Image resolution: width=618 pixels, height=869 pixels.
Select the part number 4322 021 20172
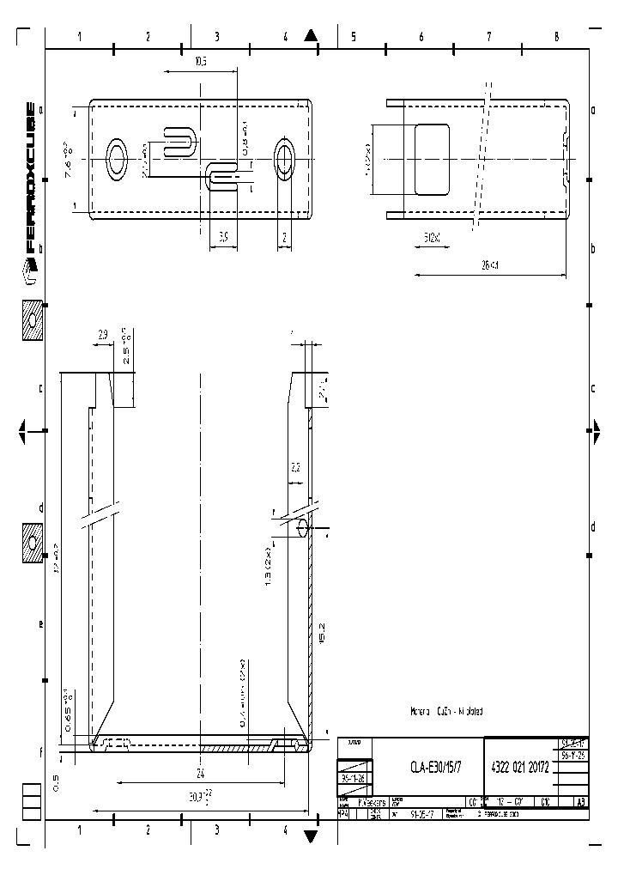(x=518, y=768)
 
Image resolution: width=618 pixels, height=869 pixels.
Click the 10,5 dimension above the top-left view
(x=201, y=61)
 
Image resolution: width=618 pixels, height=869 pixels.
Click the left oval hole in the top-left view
(x=117, y=159)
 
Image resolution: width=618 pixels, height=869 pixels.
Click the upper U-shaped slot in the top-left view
(x=178, y=140)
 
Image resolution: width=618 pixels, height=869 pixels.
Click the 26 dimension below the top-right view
(x=489, y=265)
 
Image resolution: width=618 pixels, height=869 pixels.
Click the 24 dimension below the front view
(x=201, y=772)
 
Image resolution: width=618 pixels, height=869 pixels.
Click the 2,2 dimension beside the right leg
(x=295, y=468)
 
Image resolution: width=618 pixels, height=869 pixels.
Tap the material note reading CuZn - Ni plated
(x=448, y=711)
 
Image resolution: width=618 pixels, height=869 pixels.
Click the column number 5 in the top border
(x=353, y=37)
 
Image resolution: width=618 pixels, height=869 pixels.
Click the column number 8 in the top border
(x=557, y=37)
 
